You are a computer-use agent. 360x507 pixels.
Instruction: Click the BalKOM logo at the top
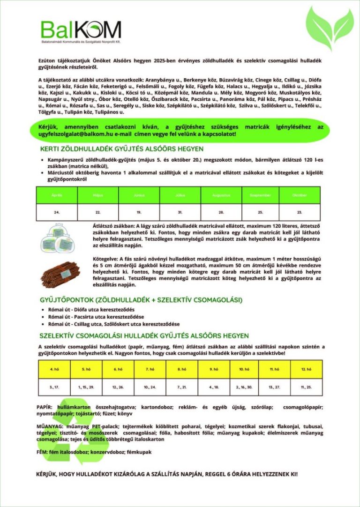(81, 31)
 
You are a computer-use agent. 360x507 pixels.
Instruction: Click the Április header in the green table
(57, 194)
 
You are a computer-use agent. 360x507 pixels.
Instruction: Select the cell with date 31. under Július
(179, 212)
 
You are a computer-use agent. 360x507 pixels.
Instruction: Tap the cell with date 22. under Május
(97, 212)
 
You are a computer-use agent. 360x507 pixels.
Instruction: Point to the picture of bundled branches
(63, 274)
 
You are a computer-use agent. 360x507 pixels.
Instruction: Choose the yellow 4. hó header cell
(54, 369)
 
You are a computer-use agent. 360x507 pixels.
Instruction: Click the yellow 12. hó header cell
(306, 369)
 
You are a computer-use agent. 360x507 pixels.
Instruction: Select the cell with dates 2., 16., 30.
(245, 387)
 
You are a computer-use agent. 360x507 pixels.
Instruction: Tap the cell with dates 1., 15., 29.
(86, 387)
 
